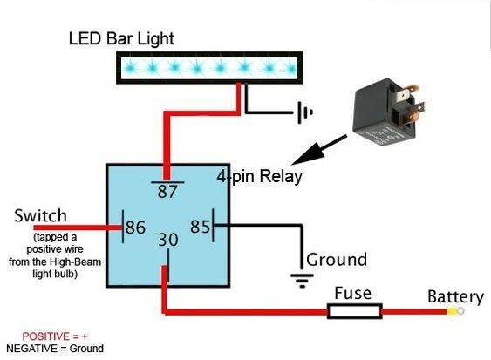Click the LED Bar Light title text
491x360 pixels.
[x=121, y=39]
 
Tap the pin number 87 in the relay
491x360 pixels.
[x=167, y=192]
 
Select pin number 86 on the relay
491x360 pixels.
[x=135, y=228]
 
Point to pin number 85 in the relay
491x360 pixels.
[x=200, y=227]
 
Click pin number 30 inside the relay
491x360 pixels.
[x=168, y=240]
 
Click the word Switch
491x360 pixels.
[x=40, y=215]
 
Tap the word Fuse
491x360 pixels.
[x=353, y=294]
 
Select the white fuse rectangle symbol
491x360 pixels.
[x=355, y=311]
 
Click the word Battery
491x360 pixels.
[x=455, y=297]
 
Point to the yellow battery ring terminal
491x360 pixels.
[x=455, y=311]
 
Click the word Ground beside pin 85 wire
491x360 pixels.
[x=337, y=260]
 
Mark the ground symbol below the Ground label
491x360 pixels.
[x=302, y=281]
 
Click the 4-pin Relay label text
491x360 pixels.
[x=260, y=176]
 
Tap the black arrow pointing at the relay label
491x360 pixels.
[x=319, y=150]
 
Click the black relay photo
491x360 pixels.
[x=388, y=112]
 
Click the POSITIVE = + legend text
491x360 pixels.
[x=55, y=336]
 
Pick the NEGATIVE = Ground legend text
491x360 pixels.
[x=55, y=349]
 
